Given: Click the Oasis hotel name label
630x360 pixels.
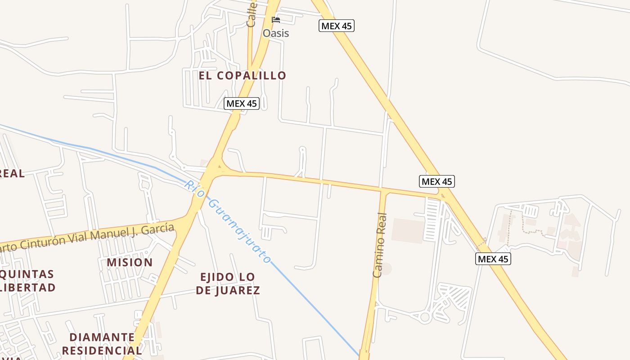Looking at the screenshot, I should point(276,33).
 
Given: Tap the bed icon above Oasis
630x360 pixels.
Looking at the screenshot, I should point(276,20).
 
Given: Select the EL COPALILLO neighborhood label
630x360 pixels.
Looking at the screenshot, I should point(243,76).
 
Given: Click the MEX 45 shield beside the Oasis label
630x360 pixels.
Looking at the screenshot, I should point(337,26).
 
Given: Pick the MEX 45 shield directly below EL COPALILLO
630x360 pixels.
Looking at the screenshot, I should point(242,103).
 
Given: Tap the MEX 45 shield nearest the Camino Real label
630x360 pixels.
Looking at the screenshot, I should point(437,181).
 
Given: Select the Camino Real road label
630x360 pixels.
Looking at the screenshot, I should point(380,245).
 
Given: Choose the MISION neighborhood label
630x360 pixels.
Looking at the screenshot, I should point(130,262).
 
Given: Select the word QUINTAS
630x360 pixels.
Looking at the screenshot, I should point(27,274).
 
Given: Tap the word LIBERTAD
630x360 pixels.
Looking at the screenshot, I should point(28,287).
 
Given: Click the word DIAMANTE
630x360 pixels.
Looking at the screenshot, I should point(102,337).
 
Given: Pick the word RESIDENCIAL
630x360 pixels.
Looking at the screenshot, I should point(102,350).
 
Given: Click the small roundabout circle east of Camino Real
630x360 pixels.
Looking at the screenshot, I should point(424,317).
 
